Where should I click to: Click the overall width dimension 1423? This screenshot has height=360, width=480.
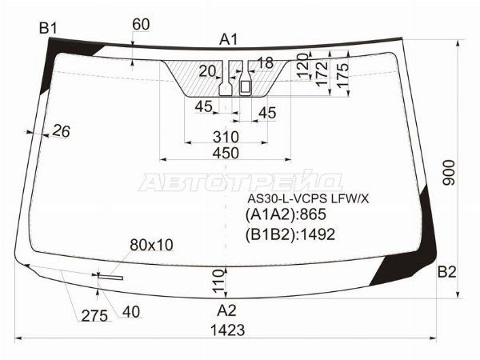(228, 330)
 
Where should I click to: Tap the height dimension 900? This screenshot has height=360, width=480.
(449, 172)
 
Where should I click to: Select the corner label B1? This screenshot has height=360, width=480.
(48, 29)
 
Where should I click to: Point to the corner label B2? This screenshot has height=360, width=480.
(446, 272)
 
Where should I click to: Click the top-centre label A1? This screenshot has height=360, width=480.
(228, 40)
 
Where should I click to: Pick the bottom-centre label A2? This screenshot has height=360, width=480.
(226, 310)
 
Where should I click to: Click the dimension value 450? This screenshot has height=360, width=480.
(226, 153)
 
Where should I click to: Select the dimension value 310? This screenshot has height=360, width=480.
(226, 137)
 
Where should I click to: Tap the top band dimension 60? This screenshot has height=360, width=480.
(141, 25)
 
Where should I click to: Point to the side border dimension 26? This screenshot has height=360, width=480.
(62, 131)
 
